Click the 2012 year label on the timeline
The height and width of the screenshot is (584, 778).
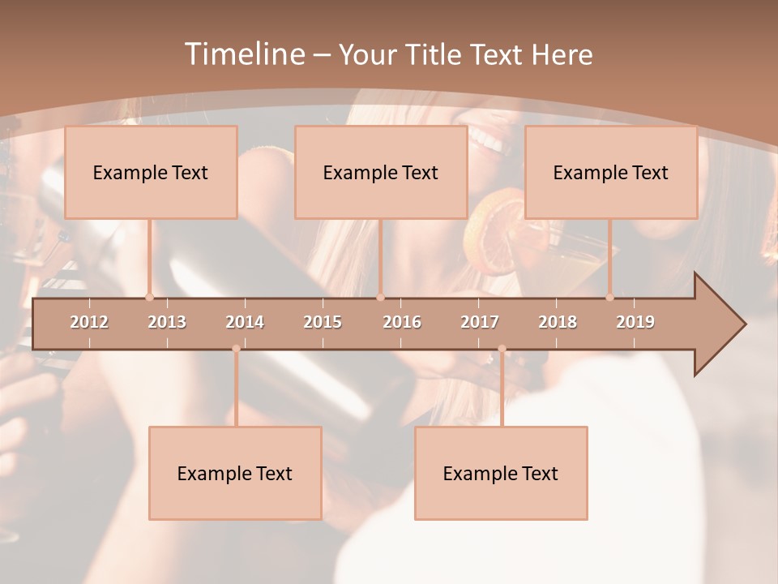(89, 322)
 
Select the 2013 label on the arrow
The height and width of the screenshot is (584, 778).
(167, 322)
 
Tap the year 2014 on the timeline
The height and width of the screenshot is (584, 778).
(245, 322)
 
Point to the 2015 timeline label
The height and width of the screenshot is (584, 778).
(323, 322)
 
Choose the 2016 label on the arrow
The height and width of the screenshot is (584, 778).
(402, 322)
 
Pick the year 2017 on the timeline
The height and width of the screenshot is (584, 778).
(480, 322)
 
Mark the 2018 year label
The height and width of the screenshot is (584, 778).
(558, 322)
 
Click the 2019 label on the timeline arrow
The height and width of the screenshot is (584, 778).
(635, 322)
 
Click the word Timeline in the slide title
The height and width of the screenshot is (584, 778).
(243, 54)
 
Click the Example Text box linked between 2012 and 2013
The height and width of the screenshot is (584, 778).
(151, 172)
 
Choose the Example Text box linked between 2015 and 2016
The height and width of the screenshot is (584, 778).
(381, 172)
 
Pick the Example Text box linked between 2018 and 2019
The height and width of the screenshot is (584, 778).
(611, 172)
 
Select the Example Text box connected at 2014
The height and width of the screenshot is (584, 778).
(235, 473)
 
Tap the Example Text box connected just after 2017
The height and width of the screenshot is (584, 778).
(501, 473)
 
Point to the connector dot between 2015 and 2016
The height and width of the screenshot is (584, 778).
(381, 298)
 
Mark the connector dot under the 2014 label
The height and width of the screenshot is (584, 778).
(236, 349)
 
